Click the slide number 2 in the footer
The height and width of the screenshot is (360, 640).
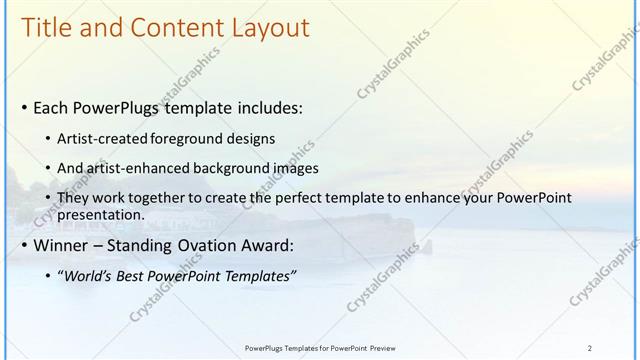[x=590, y=347]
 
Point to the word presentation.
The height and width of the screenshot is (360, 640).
[x=102, y=215]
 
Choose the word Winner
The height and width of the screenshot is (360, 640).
[x=62, y=246]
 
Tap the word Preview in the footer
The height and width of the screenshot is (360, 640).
[x=383, y=347]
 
